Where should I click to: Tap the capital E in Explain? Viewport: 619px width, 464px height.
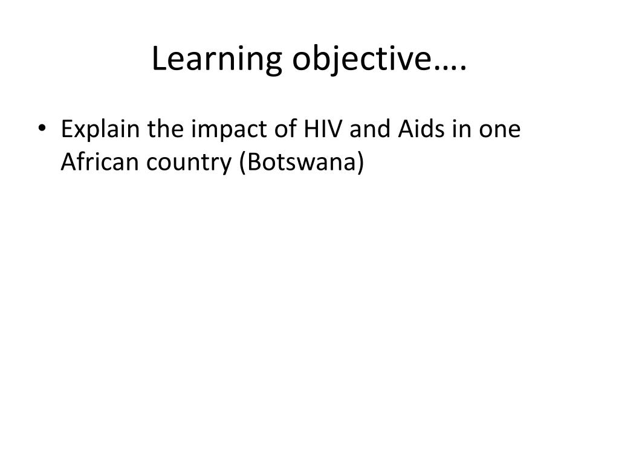66,130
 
